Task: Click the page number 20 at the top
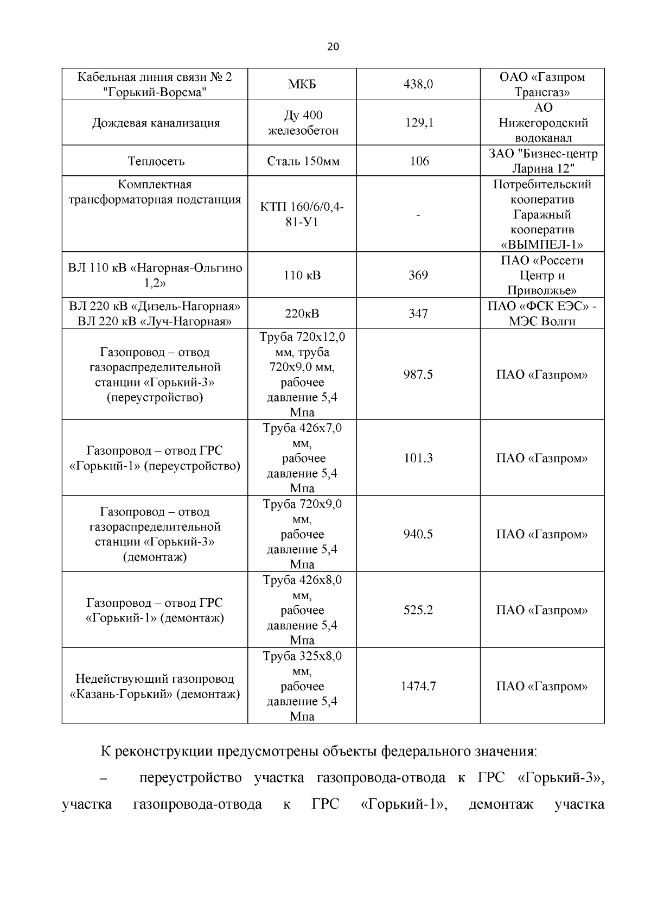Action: click(x=333, y=47)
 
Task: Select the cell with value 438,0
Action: click(x=418, y=85)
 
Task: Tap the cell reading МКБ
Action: click(x=302, y=85)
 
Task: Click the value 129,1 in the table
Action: click(x=419, y=123)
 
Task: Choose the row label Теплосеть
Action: click(x=156, y=161)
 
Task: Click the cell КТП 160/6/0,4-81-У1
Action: click(x=302, y=215)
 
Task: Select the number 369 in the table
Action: click(x=418, y=275)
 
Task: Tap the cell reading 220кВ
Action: click(x=302, y=314)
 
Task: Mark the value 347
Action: click(x=418, y=314)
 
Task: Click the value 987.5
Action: click(x=418, y=374)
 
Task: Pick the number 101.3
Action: click(x=418, y=458)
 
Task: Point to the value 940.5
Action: click(x=418, y=534)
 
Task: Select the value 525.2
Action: click(x=418, y=610)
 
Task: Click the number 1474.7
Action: click(x=418, y=686)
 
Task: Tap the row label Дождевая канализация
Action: click(x=156, y=123)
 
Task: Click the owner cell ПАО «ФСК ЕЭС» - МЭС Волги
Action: click(x=542, y=314)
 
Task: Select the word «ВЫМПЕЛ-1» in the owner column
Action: click(x=542, y=245)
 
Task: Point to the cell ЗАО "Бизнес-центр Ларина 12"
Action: click(x=542, y=161)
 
